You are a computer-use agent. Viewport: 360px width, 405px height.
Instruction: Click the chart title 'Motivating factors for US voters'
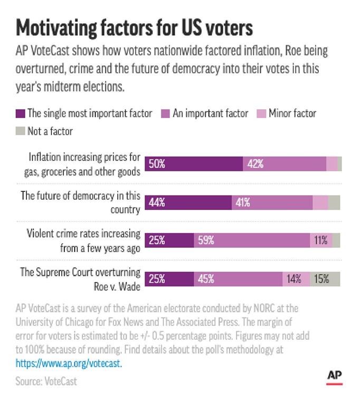[x=135, y=27]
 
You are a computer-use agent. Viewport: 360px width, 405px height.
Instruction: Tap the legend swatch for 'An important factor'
[x=165, y=113]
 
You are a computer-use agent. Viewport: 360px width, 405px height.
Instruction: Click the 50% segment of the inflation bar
[x=194, y=164]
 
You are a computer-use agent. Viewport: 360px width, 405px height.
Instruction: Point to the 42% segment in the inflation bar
[x=285, y=164]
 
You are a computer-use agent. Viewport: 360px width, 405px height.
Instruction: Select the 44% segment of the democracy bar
[x=188, y=202]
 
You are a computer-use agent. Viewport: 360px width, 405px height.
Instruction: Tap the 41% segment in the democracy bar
[x=272, y=202]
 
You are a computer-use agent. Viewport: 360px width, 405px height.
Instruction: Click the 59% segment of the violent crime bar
[x=252, y=240]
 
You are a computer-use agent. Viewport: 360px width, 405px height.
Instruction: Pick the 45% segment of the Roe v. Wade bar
[x=238, y=279]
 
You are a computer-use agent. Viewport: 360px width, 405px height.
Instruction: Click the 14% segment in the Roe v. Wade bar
[x=296, y=279]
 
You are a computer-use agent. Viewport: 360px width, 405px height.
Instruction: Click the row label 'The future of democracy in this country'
[x=80, y=202]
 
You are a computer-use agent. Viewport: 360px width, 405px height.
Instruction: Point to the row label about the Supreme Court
[x=80, y=279]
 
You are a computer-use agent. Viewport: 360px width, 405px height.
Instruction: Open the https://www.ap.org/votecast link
[x=69, y=363]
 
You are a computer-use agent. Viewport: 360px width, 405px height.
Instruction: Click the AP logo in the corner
[x=334, y=376]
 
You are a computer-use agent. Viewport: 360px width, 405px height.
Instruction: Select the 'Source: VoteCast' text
[x=46, y=381]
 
